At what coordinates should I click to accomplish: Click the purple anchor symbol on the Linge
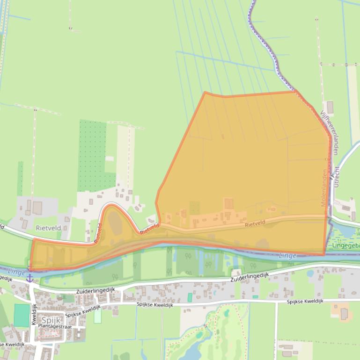pos(29,278)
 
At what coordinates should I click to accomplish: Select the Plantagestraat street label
pos(55,326)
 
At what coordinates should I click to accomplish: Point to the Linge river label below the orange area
pos(287,256)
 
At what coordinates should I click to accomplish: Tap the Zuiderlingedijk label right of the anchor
pos(96,290)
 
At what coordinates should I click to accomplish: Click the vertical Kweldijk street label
pos(34,315)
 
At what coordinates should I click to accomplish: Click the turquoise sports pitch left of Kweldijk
pos(21,315)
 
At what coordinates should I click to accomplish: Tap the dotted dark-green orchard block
pos(94,154)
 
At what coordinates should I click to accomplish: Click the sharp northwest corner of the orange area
pos(205,93)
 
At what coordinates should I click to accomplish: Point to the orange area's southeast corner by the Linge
pos(323,255)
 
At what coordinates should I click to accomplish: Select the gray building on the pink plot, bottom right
pos(344,314)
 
